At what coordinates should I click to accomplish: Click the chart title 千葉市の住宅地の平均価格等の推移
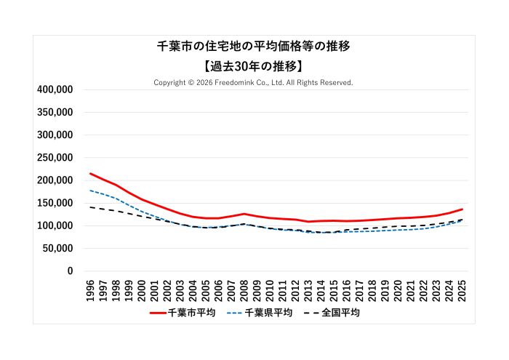pyautogui.click(x=254, y=47)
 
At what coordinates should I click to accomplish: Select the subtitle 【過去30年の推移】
pyautogui.click(x=254, y=65)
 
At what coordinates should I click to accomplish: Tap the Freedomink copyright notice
pyautogui.click(x=254, y=83)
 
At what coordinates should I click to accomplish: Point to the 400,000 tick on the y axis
pyautogui.click(x=55, y=89)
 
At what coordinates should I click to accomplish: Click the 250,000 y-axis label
pyautogui.click(x=55, y=158)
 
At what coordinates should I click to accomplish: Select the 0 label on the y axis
pyautogui.click(x=70, y=271)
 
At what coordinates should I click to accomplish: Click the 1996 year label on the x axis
pyautogui.click(x=90, y=289)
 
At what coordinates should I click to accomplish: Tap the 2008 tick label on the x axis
pyautogui.click(x=244, y=289)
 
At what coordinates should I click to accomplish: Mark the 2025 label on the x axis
pyautogui.click(x=462, y=289)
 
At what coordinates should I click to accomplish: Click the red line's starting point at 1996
pyautogui.click(x=90, y=173)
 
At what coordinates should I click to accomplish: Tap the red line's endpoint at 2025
pyautogui.click(x=462, y=209)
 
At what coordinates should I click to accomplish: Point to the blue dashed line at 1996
pyautogui.click(x=90, y=191)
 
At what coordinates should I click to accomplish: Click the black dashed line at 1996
pyautogui.click(x=90, y=207)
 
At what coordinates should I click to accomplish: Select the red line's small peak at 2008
pyautogui.click(x=244, y=214)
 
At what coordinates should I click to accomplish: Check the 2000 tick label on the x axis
pyautogui.click(x=142, y=289)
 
